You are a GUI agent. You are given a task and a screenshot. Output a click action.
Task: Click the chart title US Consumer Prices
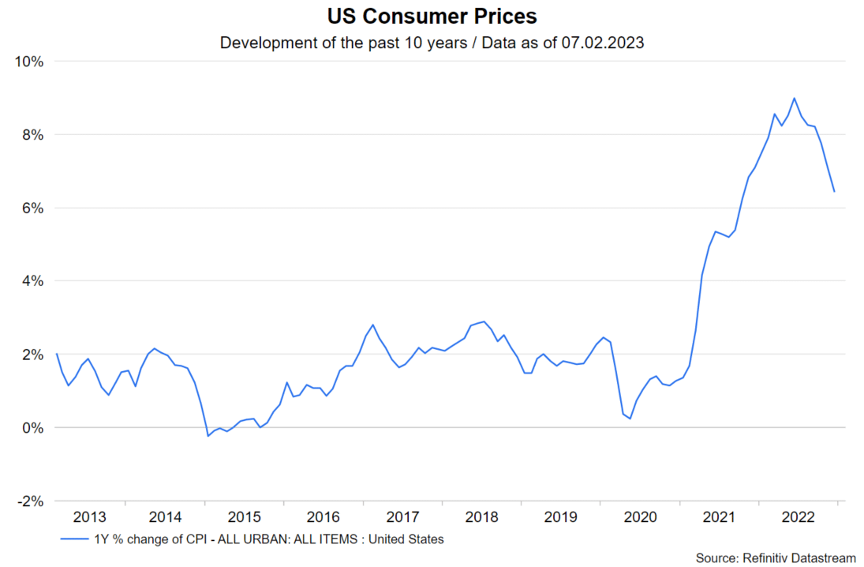tap(432, 16)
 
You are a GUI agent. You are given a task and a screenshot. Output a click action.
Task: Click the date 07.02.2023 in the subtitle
tap(603, 43)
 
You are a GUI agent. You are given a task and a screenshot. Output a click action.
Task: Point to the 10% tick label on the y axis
tap(31, 62)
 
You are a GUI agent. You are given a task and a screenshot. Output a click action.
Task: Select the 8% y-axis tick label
tap(34, 135)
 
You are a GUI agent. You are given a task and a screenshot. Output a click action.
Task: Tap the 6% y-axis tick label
tap(34, 208)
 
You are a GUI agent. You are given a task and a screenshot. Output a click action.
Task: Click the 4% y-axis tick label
tap(34, 281)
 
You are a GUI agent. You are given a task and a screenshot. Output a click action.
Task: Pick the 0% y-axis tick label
tap(34, 428)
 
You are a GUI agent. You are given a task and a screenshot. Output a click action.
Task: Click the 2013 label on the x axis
tap(89, 518)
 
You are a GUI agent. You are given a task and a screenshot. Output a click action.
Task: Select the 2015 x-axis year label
tap(245, 518)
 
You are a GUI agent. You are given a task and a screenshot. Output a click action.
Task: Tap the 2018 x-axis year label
tap(482, 518)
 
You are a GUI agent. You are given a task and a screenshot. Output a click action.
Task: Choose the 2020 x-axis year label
tap(640, 518)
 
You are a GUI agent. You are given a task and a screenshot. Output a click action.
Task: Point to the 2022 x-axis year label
tap(798, 518)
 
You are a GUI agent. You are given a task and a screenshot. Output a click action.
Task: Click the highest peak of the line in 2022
tap(794, 98)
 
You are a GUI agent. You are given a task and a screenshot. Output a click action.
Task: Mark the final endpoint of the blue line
tap(834, 191)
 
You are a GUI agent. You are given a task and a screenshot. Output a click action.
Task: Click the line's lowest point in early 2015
tap(208, 436)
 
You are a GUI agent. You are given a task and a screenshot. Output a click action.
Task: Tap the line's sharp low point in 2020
tap(630, 419)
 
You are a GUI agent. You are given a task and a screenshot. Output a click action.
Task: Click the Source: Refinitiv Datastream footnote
tap(775, 558)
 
